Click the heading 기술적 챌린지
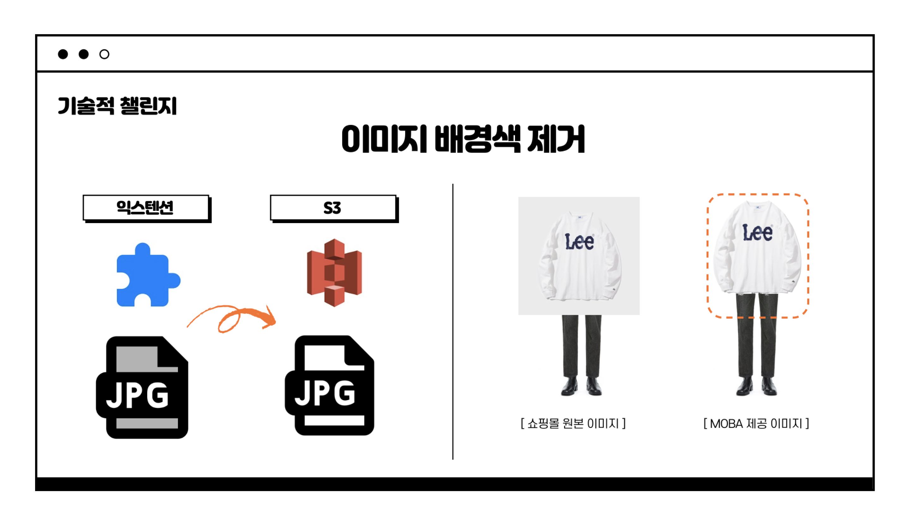click(117, 106)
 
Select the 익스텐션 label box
click(146, 207)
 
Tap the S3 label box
click(333, 207)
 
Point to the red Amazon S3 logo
click(334, 272)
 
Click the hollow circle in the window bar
click(104, 54)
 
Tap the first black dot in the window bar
click(63, 54)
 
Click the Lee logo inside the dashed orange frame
click(757, 233)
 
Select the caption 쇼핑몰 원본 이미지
click(573, 423)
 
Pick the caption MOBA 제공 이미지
click(756, 423)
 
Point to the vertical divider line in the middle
click(452, 321)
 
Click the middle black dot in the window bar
click(84, 54)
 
